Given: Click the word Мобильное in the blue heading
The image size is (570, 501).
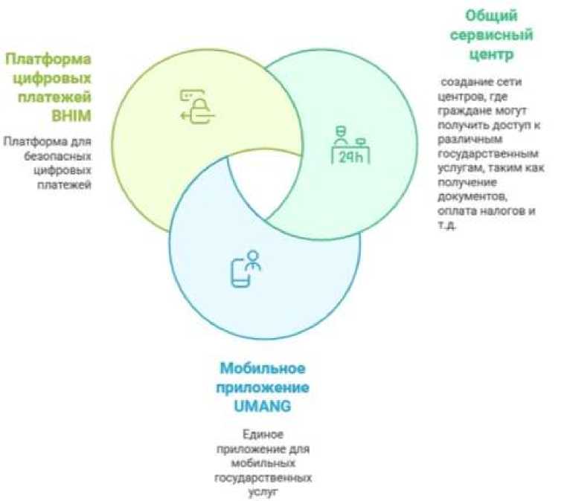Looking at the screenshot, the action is click(263, 369).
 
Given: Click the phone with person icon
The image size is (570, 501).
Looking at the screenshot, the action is click(245, 270).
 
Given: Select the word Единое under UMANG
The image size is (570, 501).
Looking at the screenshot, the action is click(263, 433).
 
